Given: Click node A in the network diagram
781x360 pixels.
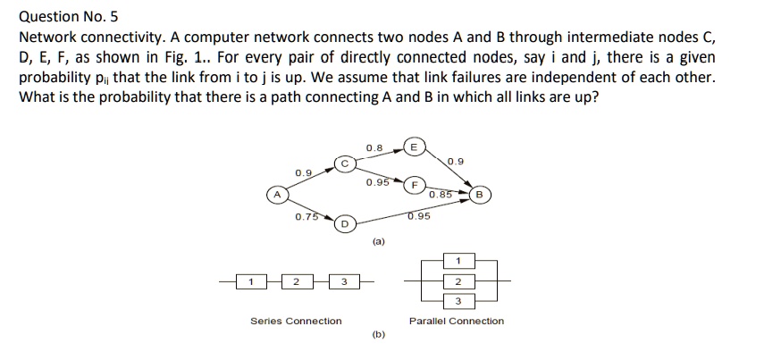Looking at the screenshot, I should click(x=277, y=194).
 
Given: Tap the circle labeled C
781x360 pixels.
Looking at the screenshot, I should click(x=344, y=163).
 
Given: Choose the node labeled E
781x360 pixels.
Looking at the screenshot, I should click(x=414, y=147).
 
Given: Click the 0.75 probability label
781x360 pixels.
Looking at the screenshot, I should click(x=307, y=216).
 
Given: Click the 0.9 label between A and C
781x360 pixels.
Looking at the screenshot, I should click(x=303, y=172).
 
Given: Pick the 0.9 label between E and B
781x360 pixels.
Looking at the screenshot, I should click(x=456, y=162).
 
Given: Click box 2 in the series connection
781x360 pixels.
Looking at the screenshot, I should click(x=296, y=282).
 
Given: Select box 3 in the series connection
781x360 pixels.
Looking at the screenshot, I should click(x=344, y=282).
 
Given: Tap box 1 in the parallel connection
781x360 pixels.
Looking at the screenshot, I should click(x=458, y=261).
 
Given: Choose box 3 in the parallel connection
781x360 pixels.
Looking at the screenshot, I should click(x=458, y=300).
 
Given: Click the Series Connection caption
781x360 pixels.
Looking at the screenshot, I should click(x=296, y=321).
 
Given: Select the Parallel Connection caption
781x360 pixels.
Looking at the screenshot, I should click(x=456, y=321).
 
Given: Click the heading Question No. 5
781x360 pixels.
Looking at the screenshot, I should click(x=69, y=16).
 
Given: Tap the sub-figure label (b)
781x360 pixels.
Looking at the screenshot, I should click(x=378, y=337).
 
